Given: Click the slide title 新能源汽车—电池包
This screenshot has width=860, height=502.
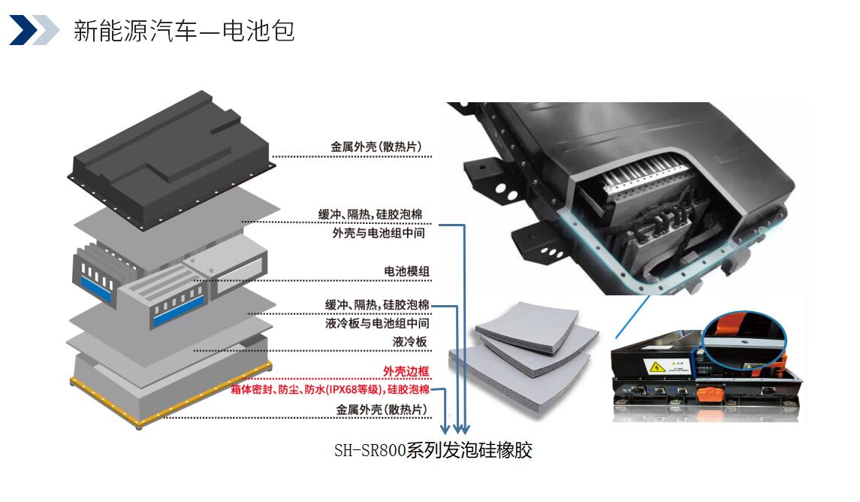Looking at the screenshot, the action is click(184, 31).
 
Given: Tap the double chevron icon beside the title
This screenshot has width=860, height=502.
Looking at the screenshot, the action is click(34, 29).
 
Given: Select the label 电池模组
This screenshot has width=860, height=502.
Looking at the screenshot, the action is click(406, 271).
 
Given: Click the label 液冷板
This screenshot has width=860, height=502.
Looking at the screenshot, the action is click(409, 342).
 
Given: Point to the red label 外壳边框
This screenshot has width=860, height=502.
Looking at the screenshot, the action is click(406, 371).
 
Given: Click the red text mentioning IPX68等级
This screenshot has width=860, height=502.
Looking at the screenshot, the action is click(330, 389).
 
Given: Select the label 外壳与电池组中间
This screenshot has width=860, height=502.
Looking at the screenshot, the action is click(379, 233).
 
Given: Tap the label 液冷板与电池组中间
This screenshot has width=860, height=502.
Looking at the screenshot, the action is click(377, 323).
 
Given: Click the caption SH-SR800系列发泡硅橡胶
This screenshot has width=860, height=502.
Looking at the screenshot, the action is click(433, 450).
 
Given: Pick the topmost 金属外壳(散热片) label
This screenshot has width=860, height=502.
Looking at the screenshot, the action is click(376, 147).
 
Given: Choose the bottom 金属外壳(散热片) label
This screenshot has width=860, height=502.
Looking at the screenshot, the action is click(382, 410).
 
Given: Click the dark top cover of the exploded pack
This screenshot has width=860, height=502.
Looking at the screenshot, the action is click(171, 159).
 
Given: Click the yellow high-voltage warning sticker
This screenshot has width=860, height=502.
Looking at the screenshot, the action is click(657, 367).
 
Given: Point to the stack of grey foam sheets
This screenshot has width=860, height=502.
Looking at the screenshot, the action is click(524, 357).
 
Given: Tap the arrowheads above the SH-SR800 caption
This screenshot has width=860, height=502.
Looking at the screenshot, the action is click(455, 428).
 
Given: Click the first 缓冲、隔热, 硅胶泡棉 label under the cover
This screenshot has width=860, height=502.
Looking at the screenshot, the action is click(370, 214).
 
